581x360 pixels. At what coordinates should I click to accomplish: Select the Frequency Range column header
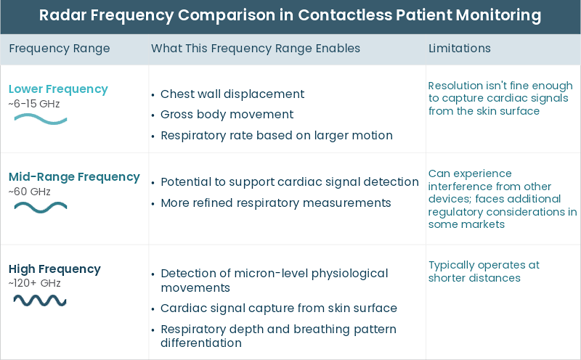tap(60, 49)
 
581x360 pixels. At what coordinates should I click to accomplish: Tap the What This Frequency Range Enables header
tap(256, 49)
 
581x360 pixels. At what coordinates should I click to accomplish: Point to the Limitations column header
tap(460, 49)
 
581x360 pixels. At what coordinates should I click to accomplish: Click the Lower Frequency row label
tap(58, 89)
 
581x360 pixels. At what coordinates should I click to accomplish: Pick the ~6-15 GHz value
tap(34, 103)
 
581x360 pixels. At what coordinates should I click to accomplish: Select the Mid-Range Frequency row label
tap(74, 176)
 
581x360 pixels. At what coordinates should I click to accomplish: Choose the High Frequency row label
tap(54, 269)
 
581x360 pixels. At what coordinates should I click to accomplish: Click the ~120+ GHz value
tap(35, 282)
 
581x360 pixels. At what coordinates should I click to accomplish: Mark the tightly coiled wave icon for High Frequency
tap(40, 299)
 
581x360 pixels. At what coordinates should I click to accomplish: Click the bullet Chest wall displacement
tap(232, 94)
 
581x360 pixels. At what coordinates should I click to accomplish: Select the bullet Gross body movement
tap(227, 115)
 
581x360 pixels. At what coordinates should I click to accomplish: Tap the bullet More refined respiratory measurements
tap(276, 202)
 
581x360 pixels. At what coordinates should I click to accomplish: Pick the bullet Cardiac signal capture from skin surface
tap(279, 308)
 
